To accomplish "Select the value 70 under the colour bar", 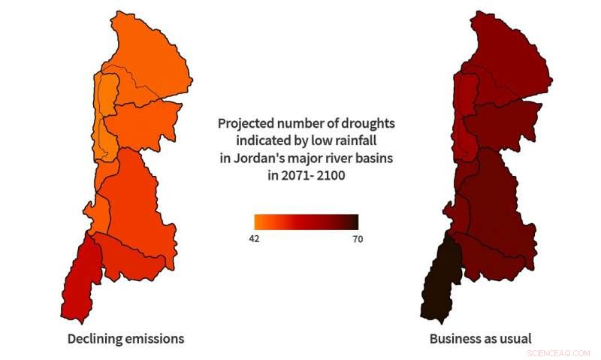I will click(x=358, y=238).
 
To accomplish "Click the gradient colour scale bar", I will click(x=306, y=222).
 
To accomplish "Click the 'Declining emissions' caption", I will click(x=125, y=339).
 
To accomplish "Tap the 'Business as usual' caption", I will click(x=480, y=339).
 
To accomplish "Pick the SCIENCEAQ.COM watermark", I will click(x=558, y=352).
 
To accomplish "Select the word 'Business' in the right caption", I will click(x=454, y=339).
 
